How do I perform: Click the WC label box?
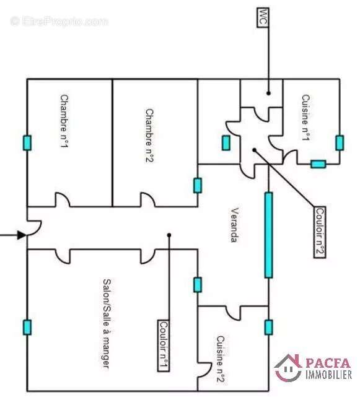tap(263, 17)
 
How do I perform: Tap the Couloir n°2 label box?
tap(320, 232)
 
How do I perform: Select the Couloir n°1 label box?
tap(164, 346)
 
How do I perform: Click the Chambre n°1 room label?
tap(64, 121)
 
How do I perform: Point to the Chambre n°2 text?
tap(149, 136)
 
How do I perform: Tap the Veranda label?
tap(235, 225)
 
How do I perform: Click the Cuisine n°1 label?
tap(305, 118)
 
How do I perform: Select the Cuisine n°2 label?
tap(221, 359)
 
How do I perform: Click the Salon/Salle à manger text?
tap(107, 324)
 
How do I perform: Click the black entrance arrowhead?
tap(22, 235)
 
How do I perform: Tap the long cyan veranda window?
tap(268, 235)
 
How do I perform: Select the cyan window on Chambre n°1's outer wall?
tap(27, 143)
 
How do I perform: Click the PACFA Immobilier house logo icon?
tap(288, 368)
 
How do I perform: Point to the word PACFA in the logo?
tap(328, 363)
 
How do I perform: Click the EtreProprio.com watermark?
tap(59, 22)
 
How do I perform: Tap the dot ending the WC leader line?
tap(268, 93)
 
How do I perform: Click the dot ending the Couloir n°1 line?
tap(169, 235)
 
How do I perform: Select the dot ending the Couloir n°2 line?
tap(254, 150)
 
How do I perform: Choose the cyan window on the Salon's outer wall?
tap(27, 327)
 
